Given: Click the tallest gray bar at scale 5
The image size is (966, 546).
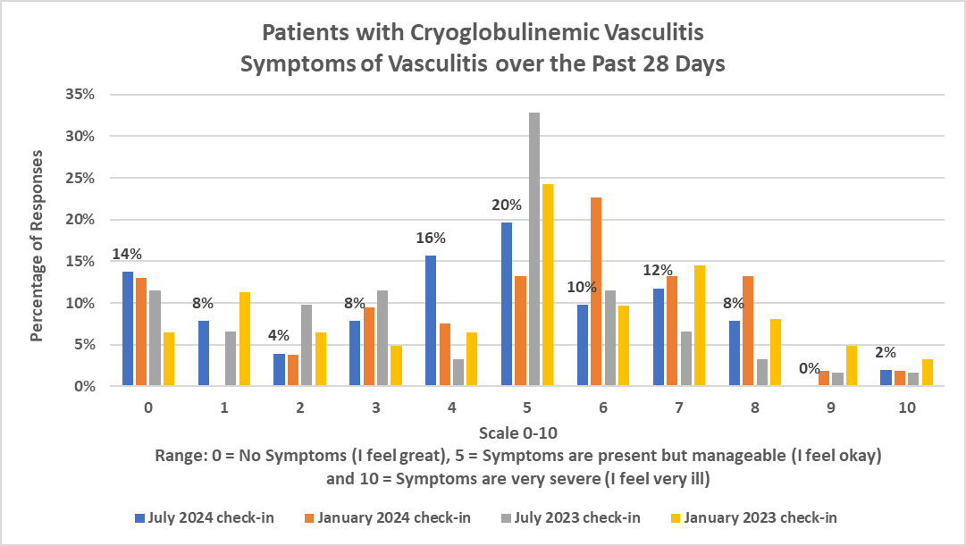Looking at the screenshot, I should (533, 249).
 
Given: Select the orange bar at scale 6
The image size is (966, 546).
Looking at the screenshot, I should (596, 292).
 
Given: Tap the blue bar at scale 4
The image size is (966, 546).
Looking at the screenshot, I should (431, 321).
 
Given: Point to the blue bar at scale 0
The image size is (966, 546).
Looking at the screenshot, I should (128, 329).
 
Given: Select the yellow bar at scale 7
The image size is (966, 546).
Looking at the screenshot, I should (700, 326).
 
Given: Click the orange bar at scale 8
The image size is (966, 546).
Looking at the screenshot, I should (748, 332).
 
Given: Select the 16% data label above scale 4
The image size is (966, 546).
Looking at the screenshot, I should (429, 238).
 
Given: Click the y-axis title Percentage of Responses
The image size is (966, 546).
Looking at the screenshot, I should (38, 245).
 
